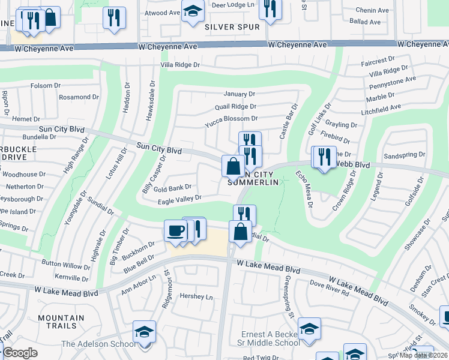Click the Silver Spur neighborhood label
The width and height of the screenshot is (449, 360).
232,27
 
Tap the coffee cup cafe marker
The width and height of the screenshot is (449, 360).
176,231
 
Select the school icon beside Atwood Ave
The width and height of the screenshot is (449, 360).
193,13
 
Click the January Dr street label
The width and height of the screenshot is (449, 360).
239,94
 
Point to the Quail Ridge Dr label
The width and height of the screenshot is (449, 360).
235,107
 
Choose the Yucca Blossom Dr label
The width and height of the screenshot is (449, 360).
231,119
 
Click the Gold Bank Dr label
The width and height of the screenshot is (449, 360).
172,188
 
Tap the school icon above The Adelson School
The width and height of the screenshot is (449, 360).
145,331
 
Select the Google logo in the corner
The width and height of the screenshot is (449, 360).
20,353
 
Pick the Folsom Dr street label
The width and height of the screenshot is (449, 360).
46,86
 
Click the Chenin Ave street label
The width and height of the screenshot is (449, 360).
372,10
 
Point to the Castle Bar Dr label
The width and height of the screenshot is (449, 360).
289,119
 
